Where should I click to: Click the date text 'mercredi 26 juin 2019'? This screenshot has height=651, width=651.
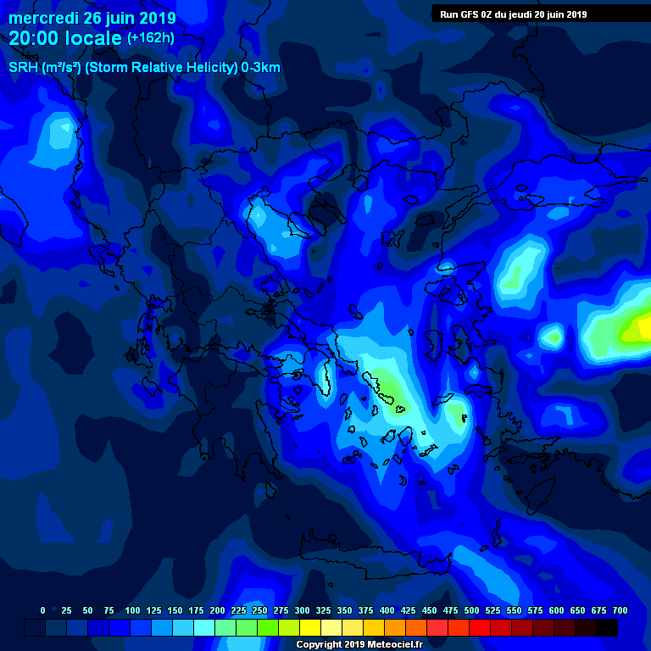92,18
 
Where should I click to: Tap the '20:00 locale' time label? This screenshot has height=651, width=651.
65,38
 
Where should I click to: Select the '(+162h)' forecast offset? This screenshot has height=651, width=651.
151,38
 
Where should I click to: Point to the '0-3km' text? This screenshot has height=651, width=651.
261,68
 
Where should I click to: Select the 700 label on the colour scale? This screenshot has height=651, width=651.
620,610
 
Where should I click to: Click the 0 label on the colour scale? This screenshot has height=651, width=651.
42,610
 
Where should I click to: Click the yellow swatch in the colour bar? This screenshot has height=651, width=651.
310,627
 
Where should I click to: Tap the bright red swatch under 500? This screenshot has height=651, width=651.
480,627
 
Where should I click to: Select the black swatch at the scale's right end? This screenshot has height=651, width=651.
607,627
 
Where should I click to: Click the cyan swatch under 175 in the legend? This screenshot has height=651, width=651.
204,627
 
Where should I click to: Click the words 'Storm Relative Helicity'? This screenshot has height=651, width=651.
159,68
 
